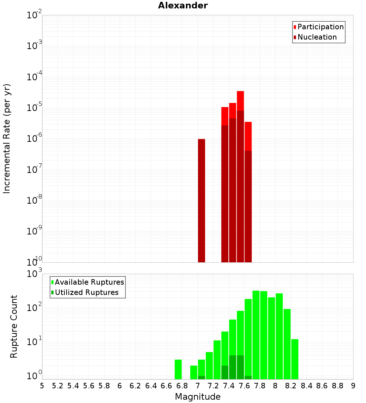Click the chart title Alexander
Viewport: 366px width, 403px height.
(183, 5)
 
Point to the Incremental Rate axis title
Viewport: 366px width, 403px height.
(7, 138)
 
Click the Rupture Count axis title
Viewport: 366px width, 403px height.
(14, 326)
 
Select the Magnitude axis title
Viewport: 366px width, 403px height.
(198, 397)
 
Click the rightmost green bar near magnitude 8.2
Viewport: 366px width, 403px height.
(295, 359)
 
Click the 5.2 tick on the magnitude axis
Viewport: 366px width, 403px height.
(58, 386)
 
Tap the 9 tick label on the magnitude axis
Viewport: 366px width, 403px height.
(353, 386)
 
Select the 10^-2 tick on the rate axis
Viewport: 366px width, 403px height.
(34, 15)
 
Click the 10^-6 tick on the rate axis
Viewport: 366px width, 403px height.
(34, 139)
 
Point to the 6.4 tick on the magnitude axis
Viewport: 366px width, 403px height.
(151, 386)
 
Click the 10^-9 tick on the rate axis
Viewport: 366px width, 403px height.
(34, 231)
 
